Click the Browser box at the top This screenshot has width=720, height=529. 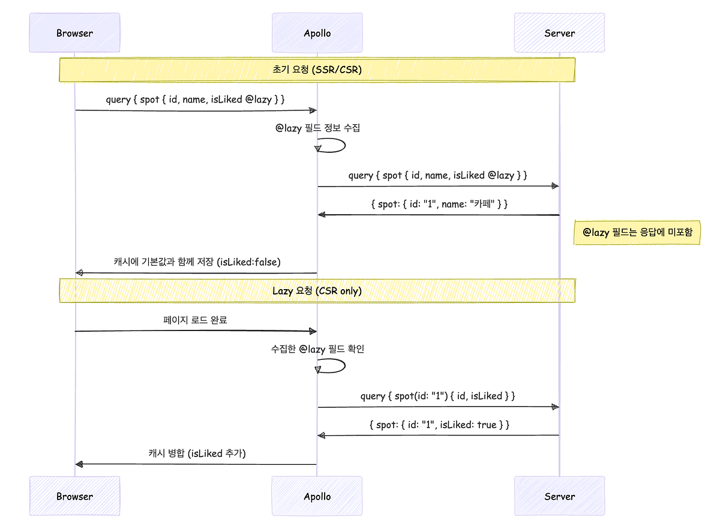(74, 33)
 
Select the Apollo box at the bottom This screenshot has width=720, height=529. (317, 496)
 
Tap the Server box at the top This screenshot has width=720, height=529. (559, 33)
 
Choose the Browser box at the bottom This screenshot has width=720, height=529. (74, 496)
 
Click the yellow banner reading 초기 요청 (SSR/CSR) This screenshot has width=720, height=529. (317, 70)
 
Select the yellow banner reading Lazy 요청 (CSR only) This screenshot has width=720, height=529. (317, 290)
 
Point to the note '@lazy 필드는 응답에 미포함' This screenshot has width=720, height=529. (637, 232)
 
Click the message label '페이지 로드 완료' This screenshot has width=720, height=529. (196, 320)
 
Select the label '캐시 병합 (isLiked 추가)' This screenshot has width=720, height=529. (197, 453)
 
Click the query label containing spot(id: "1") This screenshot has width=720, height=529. (438, 396)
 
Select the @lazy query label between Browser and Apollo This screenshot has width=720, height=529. (196, 99)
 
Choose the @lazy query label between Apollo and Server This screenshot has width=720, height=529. (438, 175)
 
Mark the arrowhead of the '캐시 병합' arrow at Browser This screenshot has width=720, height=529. (79, 464)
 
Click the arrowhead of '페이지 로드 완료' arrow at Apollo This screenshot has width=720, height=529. (312, 331)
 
